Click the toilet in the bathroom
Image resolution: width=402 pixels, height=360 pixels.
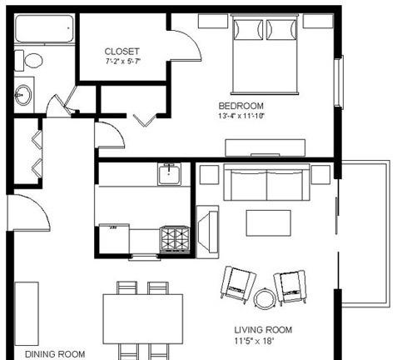28,60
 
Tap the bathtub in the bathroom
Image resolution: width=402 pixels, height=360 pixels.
44,28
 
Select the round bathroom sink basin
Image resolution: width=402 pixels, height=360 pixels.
23,95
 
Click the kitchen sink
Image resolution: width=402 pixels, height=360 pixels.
169,174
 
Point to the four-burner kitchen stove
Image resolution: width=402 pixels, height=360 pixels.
175,240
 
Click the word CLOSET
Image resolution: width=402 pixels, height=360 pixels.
122,52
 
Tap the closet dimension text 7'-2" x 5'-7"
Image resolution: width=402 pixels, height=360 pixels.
123,62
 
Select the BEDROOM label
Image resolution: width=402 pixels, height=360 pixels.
241,106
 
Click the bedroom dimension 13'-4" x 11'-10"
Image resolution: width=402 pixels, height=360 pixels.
241,116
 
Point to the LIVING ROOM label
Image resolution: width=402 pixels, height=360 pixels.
263,330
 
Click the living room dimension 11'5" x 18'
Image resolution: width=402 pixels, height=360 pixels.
254,341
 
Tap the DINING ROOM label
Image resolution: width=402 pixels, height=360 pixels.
55,354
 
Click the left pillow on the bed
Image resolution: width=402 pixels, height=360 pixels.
249,29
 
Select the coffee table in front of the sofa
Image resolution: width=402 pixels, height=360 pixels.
269,223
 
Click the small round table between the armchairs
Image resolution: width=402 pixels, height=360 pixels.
265,298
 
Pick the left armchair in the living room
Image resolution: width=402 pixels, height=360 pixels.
239,284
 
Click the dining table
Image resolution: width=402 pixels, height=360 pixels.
143,319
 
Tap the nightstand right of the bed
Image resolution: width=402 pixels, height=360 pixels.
318,21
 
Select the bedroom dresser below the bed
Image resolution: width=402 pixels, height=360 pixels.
266,147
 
